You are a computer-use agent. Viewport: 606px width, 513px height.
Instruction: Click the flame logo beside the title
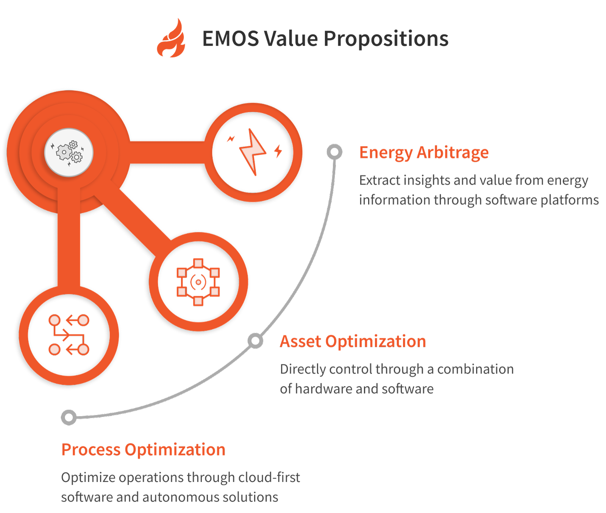pos(171,39)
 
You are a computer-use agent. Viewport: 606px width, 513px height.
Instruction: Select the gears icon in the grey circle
pos(69,152)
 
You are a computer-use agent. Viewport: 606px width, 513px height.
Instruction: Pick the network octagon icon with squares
pos(198,282)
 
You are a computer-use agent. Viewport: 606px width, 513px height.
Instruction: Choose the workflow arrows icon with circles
pos(69,335)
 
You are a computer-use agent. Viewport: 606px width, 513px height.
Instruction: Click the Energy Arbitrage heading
pos(424,152)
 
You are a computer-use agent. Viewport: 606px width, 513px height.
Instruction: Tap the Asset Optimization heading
pos(353,341)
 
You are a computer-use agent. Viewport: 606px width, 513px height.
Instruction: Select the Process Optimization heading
pos(144,449)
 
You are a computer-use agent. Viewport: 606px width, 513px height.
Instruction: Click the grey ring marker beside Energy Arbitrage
pos(334,152)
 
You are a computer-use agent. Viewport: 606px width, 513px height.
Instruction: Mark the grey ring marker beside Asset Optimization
pos(256,341)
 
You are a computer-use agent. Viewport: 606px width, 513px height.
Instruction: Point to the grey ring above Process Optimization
pos(69,417)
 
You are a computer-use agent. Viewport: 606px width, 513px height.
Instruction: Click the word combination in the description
pos(475,369)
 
